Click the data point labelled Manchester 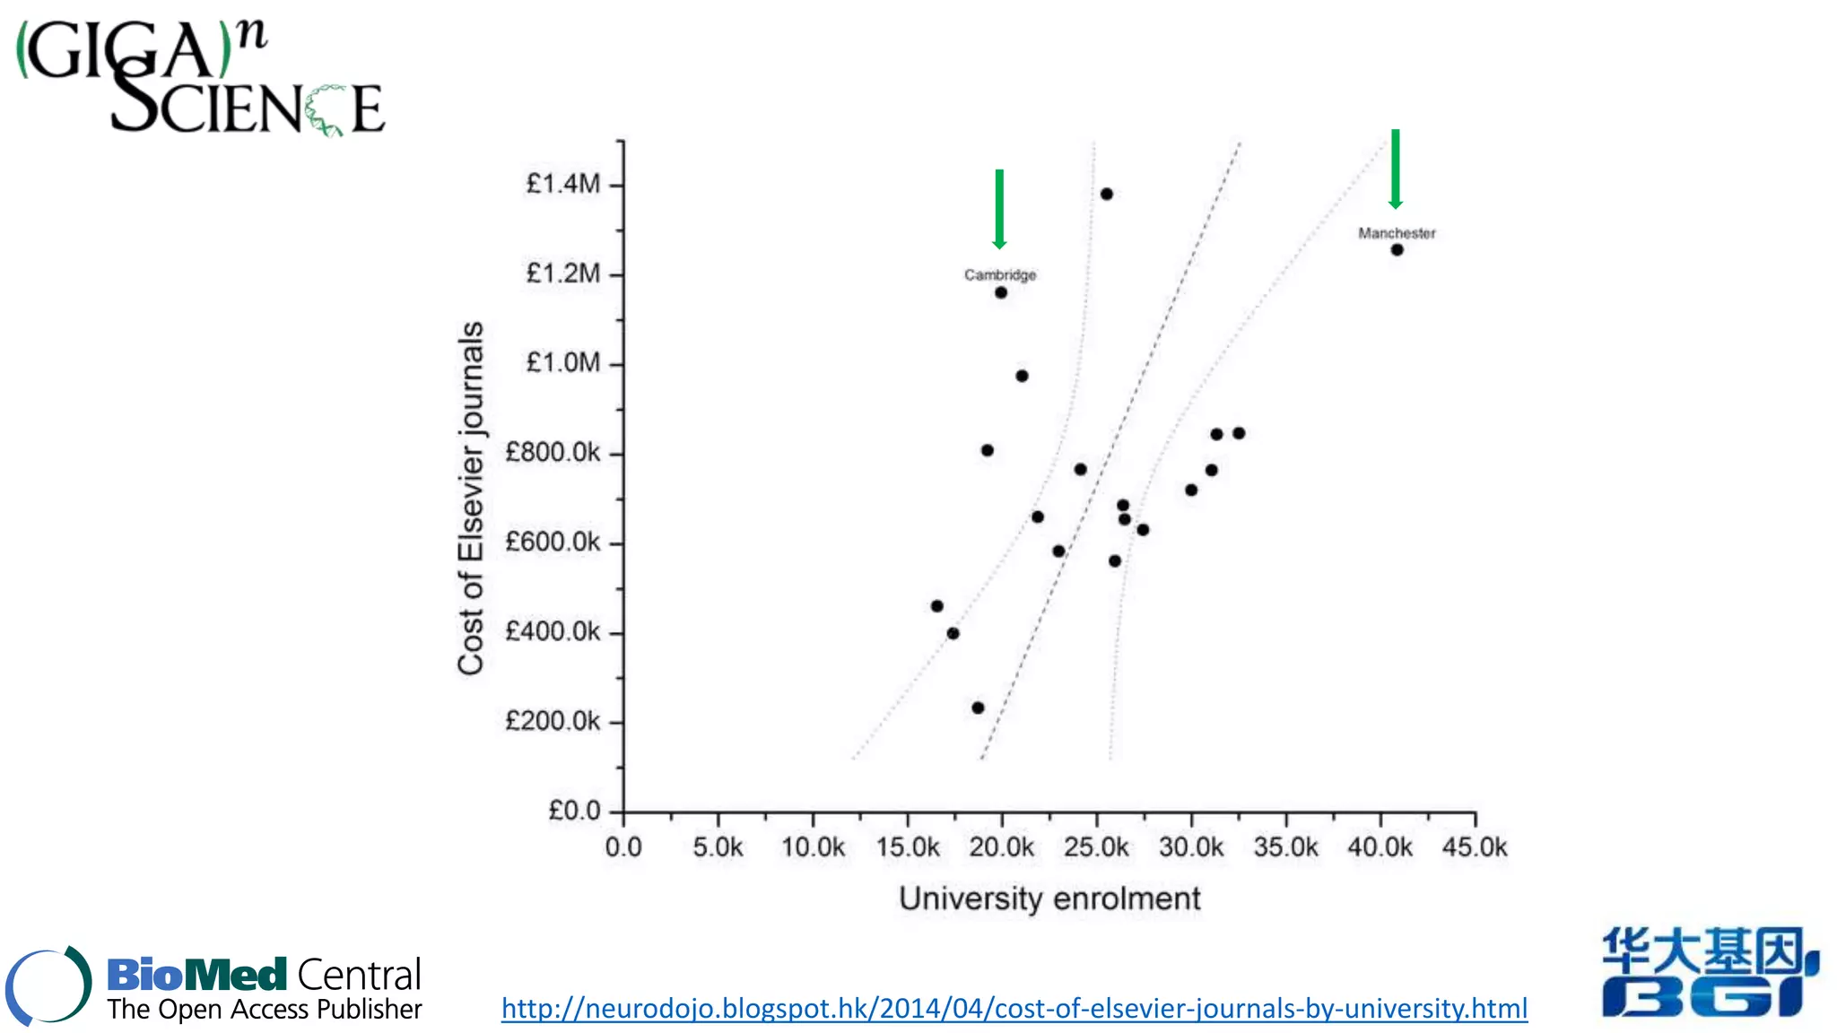click(x=1397, y=250)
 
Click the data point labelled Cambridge click(x=1001, y=292)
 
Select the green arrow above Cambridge click(x=999, y=208)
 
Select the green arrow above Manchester click(x=1395, y=169)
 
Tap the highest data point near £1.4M click(x=1106, y=194)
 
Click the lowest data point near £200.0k click(x=978, y=707)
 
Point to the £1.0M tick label click(x=562, y=363)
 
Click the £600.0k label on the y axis click(x=553, y=543)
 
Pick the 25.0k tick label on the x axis click(x=1096, y=847)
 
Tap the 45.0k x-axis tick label click(x=1475, y=847)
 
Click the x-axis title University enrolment click(x=1049, y=898)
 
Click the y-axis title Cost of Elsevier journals click(x=471, y=498)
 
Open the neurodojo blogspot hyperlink click(x=1014, y=1009)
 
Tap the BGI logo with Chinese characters click(x=1709, y=973)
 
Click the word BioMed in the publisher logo click(x=196, y=975)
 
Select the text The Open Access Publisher click(x=265, y=1010)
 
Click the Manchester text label click(x=1397, y=233)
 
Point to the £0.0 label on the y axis click(x=574, y=812)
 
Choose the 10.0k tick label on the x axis click(x=813, y=847)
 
